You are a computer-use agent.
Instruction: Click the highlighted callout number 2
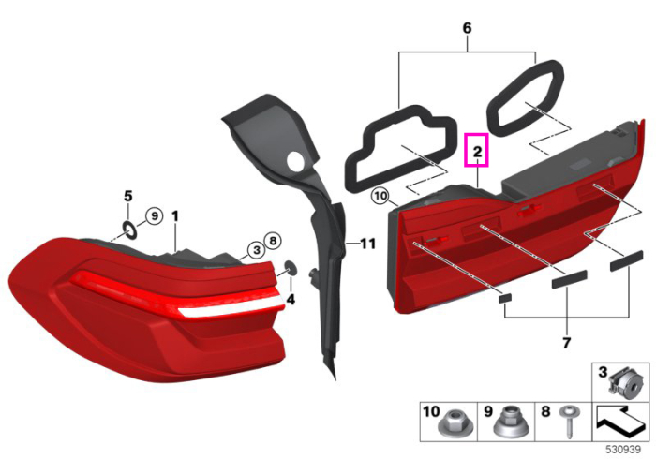coord(477,152)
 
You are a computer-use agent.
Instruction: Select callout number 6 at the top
coord(467,28)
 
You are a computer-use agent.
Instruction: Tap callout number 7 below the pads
coord(566,343)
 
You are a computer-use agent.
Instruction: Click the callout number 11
coord(367,244)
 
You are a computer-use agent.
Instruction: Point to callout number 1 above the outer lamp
coord(175,216)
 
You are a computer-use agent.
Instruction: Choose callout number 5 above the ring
coord(128,196)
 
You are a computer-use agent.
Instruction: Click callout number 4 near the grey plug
coord(291,300)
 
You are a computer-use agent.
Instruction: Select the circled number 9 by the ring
coord(155,216)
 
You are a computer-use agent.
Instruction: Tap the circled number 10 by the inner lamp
coord(380,196)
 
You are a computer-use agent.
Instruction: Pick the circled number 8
coord(273,241)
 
